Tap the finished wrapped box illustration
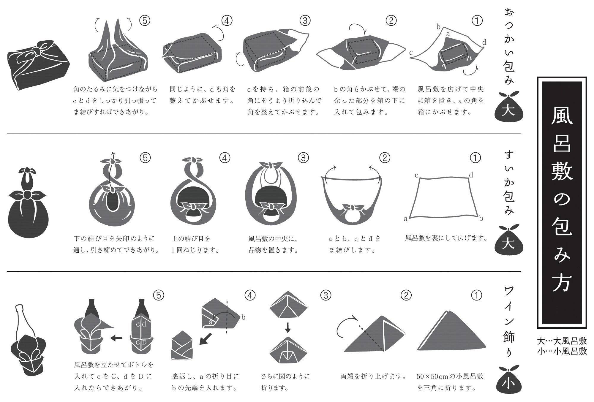38,65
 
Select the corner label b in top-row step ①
438,27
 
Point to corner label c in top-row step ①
411,53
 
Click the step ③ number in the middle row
303,158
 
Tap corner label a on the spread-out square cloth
406,219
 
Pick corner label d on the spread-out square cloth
471,175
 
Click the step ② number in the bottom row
406,295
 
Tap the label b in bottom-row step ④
243,317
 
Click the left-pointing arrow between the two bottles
116,338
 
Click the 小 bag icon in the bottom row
509,381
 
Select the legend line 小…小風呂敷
562,351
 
